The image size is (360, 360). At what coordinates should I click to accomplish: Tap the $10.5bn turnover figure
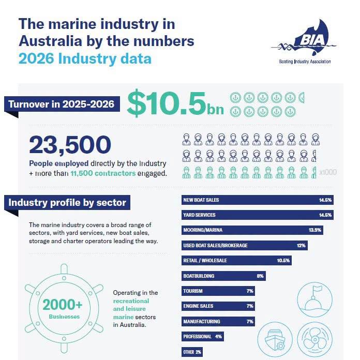[175, 103]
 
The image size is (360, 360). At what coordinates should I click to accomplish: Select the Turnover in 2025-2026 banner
[62, 104]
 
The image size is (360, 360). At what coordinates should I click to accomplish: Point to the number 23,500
[70, 145]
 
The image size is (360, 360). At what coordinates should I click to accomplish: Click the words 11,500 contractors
[103, 173]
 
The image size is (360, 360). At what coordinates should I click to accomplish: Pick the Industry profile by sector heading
[67, 203]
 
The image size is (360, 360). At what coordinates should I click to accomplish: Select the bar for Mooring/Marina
[252, 230]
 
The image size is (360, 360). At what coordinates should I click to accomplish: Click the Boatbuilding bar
[223, 276]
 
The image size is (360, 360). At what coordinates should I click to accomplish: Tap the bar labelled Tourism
[218, 291]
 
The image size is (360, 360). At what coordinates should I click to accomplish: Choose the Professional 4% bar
[203, 337]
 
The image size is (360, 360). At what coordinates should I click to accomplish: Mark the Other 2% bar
[192, 352]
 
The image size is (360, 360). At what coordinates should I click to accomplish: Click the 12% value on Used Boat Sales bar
[301, 246]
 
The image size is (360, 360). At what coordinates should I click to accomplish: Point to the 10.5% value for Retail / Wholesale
[283, 261]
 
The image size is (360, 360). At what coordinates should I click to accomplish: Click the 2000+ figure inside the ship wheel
[63, 305]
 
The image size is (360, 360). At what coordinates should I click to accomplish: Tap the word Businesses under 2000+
[64, 317]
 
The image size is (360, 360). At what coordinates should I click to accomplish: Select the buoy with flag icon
[315, 299]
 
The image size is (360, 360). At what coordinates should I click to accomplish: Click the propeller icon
[315, 339]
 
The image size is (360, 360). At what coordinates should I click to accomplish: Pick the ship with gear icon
[275, 339]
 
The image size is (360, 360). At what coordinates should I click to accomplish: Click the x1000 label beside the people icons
[328, 172]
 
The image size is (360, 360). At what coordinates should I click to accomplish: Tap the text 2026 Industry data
[85, 59]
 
